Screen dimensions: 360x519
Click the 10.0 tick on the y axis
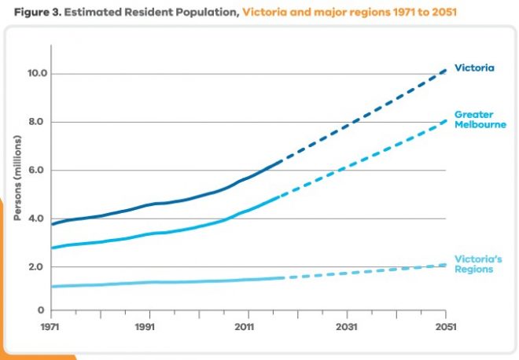(39, 74)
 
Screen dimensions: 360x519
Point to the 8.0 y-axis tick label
(39, 122)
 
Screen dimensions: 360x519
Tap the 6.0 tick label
(39, 171)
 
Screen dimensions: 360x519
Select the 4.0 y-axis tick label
(39, 219)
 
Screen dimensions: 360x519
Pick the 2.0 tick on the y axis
(39, 267)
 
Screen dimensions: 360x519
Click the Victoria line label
(474, 68)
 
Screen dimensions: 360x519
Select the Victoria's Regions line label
(477, 264)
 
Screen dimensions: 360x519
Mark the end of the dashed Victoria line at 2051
(446, 70)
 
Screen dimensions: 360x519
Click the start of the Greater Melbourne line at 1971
(52, 248)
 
